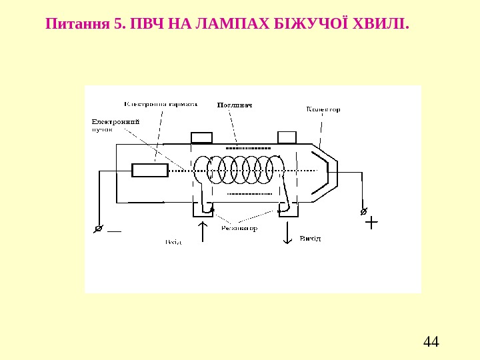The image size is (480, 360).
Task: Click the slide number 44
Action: coord(431,343)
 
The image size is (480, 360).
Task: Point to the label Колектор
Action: coord(323,109)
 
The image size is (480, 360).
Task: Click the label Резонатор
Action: coord(241,228)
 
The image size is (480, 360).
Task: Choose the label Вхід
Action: coord(174,242)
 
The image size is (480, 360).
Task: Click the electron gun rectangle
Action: coord(149,171)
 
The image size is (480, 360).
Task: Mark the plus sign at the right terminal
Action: coord(371,222)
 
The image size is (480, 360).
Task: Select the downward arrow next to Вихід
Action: coord(288,233)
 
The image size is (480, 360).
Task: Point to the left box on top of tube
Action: coord(201,137)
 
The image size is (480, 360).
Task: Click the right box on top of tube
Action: coord(287,137)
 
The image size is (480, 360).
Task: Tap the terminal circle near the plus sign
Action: coord(363,211)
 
